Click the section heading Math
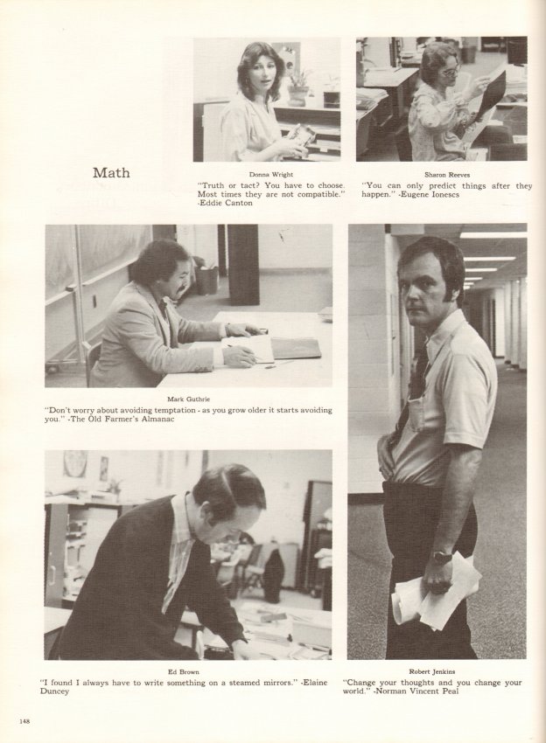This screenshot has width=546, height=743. [111, 172]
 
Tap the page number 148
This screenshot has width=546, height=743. [24, 721]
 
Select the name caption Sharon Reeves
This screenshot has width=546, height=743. [447, 174]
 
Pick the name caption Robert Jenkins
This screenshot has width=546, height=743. [432, 671]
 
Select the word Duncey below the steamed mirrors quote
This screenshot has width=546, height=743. [54, 691]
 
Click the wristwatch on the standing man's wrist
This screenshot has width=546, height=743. [441, 556]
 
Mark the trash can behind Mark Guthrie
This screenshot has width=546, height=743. [206, 280]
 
